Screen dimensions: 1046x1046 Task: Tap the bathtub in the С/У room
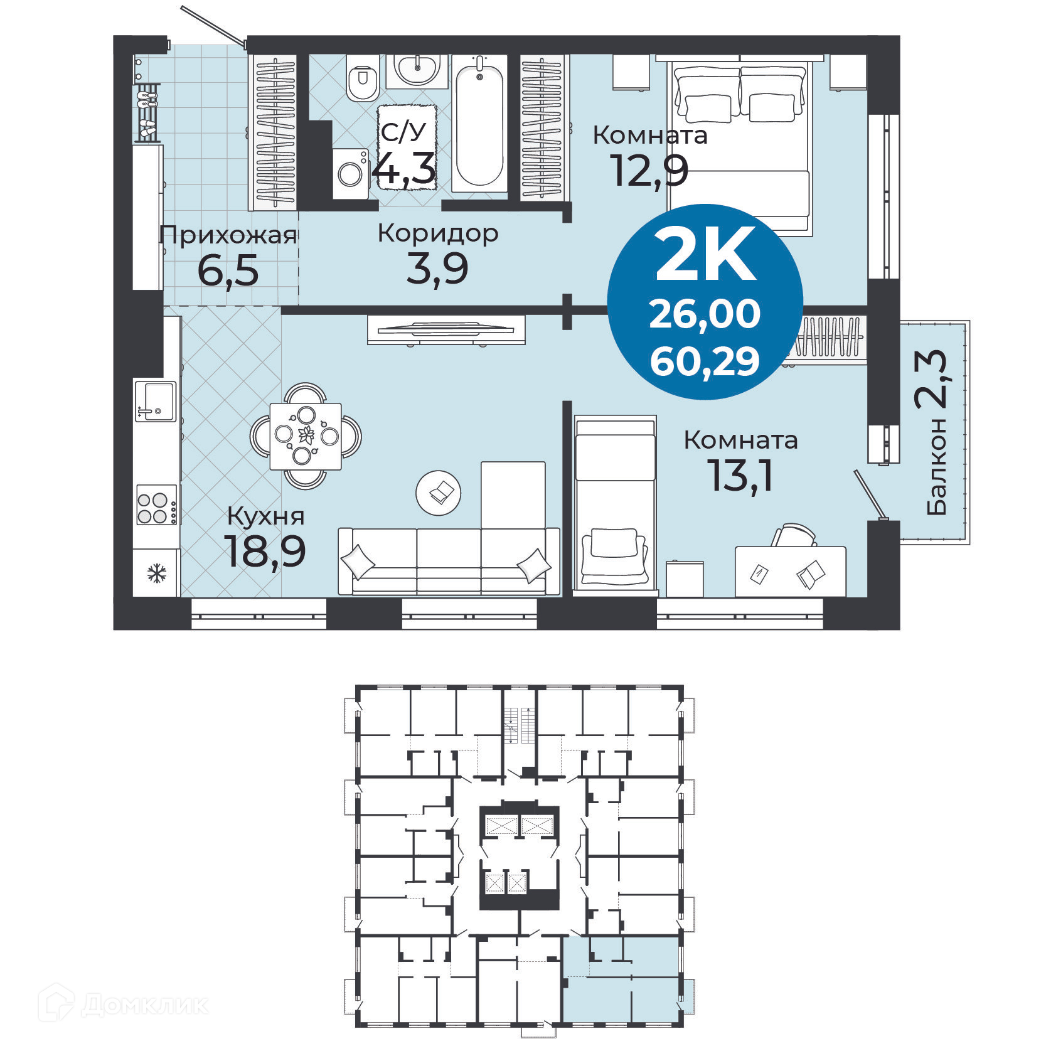tap(479, 125)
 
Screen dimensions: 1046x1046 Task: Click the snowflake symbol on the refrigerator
tap(156, 573)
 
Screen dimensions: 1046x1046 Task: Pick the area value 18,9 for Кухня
tap(265, 551)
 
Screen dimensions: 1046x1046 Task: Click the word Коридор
tap(438, 233)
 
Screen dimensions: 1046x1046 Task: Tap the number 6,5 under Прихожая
tap(228, 270)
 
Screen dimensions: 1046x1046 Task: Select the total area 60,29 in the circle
tap(705, 362)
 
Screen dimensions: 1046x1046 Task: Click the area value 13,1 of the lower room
tap(740, 476)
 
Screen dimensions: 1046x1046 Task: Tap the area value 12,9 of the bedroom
tap(649, 171)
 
